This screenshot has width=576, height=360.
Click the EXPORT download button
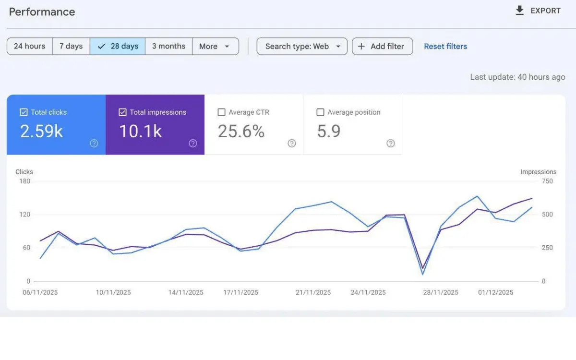tap(538, 11)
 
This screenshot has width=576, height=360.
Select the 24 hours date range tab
tap(29, 46)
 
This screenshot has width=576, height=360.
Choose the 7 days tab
tap(71, 46)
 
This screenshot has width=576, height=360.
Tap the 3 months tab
tap(168, 46)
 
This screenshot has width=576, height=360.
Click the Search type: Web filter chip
tap(302, 46)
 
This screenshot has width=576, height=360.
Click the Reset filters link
tap(445, 46)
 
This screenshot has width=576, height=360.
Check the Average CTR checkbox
tap(221, 112)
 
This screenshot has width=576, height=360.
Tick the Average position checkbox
tap(320, 112)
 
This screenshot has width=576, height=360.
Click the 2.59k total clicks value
tap(41, 131)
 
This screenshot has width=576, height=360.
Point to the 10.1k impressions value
tap(140, 131)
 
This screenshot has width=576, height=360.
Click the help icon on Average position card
tap(391, 143)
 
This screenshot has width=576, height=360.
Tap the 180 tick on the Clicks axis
tap(24, 181)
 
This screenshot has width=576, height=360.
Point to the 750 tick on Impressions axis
tap(547, 181)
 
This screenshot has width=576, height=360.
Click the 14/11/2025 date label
tap(186, 292)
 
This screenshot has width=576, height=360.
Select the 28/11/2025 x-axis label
tap(441, 292)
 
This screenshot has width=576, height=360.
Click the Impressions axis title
tap(538, 171)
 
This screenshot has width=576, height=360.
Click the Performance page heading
tap(42, 12)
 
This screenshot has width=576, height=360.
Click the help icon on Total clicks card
tap(94, 143)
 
